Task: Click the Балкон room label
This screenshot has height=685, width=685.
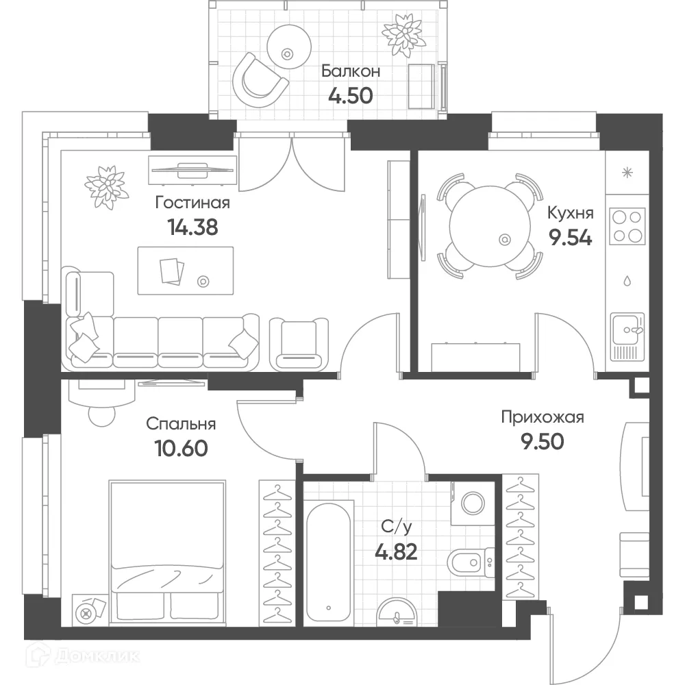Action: [x=350, y=71]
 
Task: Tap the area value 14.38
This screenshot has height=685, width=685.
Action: [x=192, y=227]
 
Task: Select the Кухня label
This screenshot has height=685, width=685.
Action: [x=570, y=213]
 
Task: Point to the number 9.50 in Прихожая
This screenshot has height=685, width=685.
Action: [x=542, y=442]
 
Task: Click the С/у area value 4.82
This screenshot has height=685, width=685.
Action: [x=396, y=551]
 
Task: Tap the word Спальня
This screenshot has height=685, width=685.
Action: [x=181, y=424]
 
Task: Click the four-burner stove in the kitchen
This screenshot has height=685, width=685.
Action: [x=627, y=226]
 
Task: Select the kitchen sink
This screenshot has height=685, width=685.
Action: [x=627, y=336]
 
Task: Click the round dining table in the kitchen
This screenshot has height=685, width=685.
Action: [x=490, y=225]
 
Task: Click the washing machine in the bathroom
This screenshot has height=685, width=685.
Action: [x=473, y=503]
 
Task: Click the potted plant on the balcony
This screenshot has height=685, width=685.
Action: [x=403, y=35]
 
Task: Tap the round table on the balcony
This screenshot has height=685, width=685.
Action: [x=289, y=47]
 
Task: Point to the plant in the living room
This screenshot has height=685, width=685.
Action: [x=106, y=187]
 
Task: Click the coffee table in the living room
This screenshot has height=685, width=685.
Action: [x=185, y=271]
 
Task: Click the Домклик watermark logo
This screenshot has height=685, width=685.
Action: [x=83, y=656]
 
